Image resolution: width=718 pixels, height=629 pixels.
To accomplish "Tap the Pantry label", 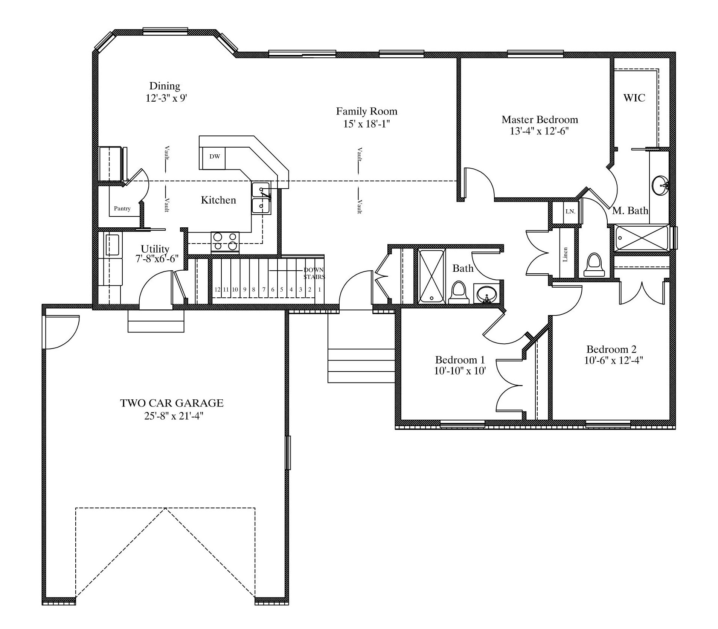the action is click(x=122, y=209).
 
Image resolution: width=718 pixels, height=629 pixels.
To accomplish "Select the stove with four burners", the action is click(x=225, y=242).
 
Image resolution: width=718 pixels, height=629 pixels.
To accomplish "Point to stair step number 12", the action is click(x=217, y=289).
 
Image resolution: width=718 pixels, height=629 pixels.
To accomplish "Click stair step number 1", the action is click(x=320, y=289).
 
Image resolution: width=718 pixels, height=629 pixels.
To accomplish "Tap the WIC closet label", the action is click(x=634, y=98).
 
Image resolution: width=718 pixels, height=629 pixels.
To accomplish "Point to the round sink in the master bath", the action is click(x=660, y=186).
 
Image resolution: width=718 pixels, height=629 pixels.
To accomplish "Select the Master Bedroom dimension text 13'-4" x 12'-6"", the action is click(x=540, y=131).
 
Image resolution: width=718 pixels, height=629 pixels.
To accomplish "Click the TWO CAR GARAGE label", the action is click(x=172, y=403).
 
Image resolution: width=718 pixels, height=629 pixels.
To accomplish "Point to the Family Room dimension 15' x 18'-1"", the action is click(x=366, y=124).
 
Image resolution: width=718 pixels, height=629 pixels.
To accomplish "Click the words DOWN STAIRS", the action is click(x=314, y=273).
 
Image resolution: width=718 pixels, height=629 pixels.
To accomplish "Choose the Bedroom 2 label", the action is click(x=611, y=349).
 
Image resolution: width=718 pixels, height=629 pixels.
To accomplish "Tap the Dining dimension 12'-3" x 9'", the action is click(x=166, y=98).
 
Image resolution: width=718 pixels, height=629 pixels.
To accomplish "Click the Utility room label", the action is click(x=155, y=249).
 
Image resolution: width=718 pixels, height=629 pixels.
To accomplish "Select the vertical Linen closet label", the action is click(x=565, y=254).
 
